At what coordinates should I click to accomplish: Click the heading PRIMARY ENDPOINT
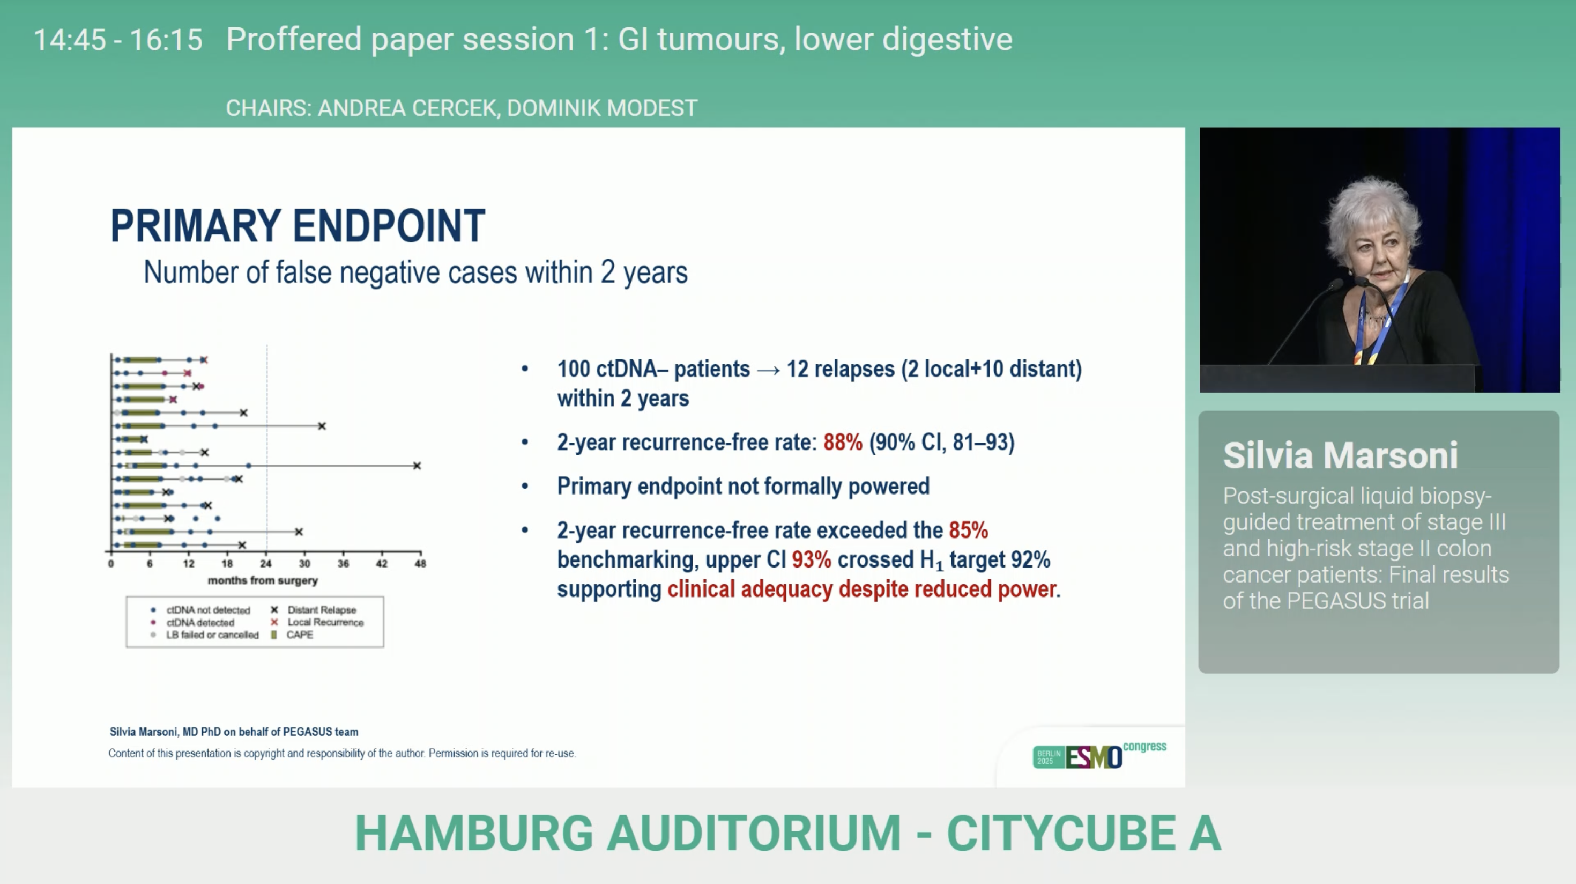(x=298, y=225)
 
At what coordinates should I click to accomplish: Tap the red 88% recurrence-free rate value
(x=843, y=442)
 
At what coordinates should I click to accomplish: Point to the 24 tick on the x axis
(x=266, y=563)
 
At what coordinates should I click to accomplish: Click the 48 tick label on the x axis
(x=420, y=563)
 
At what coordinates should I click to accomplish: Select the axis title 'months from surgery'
(x=263, y=580)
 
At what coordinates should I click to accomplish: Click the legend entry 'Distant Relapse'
(x=313, y=610)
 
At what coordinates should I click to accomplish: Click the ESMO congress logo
(x=1099, y=755)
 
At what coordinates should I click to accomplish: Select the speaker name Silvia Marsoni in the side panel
(x=1340, y=455)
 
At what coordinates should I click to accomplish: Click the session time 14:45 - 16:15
(x=118, y=40)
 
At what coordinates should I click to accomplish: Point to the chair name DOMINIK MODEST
(x=602, y=108)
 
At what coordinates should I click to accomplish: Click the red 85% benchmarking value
(x=969, y=530)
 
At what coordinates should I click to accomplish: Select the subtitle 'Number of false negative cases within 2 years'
(x=415, y=272)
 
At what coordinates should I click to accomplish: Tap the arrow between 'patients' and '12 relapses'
(x=768, y=370)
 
